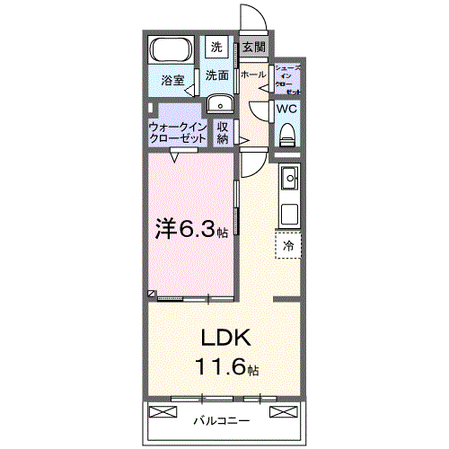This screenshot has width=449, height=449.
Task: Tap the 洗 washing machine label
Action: tap(216, 46)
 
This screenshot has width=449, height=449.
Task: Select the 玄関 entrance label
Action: tap(253, 47)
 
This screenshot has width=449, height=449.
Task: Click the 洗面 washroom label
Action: tap(216, 75)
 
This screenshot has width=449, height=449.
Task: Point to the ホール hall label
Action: tap(253, 75)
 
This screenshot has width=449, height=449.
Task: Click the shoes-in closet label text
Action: tap(287, 80)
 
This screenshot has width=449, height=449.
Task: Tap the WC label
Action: tap(286, 109)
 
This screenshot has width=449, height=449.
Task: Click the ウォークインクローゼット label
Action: tap(177, 133)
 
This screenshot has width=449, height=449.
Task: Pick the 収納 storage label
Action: tap(223, 133)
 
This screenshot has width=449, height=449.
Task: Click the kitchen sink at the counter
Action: tap(289, 183)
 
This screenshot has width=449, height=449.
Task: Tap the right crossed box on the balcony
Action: tap(281, 412)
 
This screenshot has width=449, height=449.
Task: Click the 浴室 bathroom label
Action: tap(173, 81)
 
